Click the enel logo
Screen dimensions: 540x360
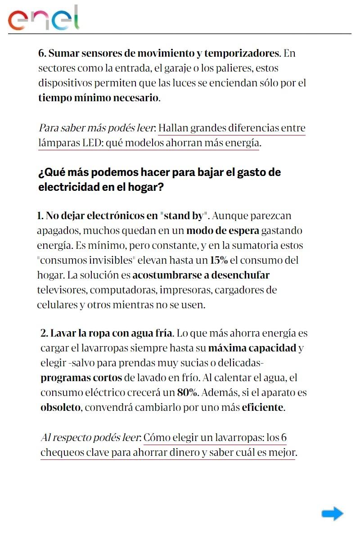44,18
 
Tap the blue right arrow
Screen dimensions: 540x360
332,513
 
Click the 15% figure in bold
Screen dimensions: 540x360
219,260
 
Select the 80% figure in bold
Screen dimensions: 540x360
187,392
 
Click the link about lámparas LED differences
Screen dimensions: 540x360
172,136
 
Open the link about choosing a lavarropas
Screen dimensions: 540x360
168,445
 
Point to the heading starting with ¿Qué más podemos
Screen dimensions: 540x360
159,180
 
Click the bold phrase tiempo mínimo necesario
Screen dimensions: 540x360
99,98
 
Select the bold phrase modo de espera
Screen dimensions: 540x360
222,230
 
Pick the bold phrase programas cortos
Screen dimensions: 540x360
81,378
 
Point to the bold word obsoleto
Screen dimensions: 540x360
60,408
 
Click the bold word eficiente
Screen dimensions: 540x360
263,408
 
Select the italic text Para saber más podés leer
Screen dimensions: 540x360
97,128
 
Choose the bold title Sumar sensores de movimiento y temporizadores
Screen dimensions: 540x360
159,53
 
